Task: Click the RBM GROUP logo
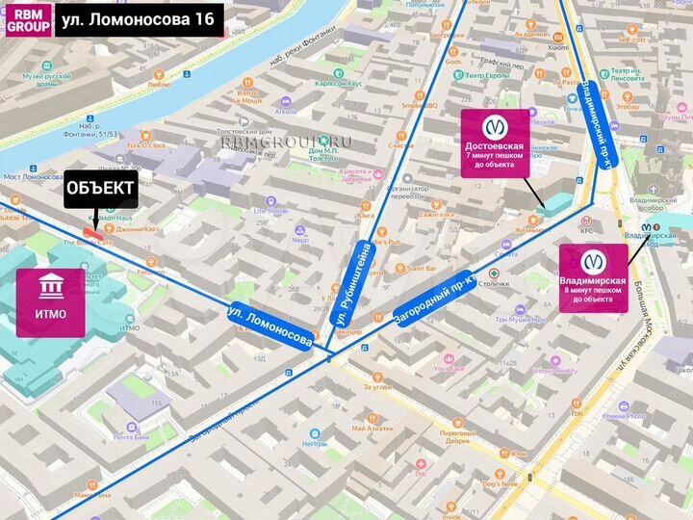click(x=28, y=19)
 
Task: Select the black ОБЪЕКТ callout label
click(x=100, y=190)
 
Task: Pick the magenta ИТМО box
click(x=49, y=301)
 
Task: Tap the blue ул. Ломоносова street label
click(x=270, y=326)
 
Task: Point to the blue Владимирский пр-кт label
click(x=597, y=126)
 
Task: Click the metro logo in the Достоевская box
click(x=495, y=126)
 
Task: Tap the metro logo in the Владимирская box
click(x=593, y=261)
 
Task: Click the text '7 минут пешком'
click(x=495, y=155)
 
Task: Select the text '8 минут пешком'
click(x=593, y=290)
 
